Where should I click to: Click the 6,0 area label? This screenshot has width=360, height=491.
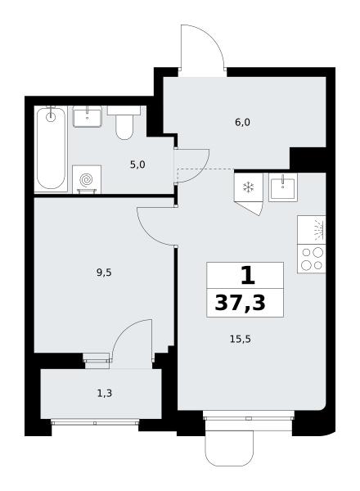pyautogui.click(x=242, y=123)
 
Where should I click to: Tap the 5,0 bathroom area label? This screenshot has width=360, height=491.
pyautogui.click(x=137, y=164)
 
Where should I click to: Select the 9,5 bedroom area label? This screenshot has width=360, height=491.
pyautogui.click(x=104, y=273)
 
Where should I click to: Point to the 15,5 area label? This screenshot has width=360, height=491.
pyautogui.click(x=241, y=339)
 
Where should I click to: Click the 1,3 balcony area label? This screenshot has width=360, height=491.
pyautogui.click(x=105, y=394)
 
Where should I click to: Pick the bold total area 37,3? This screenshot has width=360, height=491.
pyautogui.click(x=240, y=303)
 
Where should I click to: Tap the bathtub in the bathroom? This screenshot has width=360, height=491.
pyautogui.click(x=51, y=148)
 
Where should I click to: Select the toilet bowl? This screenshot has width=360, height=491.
pyautogui.click(x=124, y=123)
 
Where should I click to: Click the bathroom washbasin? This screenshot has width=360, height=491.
pyautogui.click(x=87, y=116)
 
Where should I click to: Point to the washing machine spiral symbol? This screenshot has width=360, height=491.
pyautogui.click(x=86, y=180)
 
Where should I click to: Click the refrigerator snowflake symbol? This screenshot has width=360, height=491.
pyautogui.click(x=249, y=187)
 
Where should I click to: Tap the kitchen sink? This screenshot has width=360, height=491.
pyautogui.click(x=282, y=187)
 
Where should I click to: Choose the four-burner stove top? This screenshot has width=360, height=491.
pyautogui.click(x=312, y=259)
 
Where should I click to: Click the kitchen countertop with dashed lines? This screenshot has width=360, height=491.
pyautogui.click(x=312, y=230)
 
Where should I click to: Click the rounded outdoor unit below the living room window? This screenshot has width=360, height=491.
pyautogui.click(x=229, y=448)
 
